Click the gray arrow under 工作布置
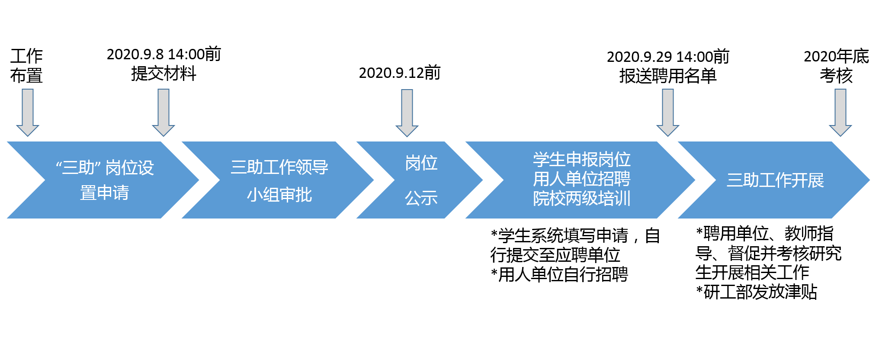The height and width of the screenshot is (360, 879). click(28, 112)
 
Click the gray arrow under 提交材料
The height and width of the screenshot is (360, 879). click(164, 112)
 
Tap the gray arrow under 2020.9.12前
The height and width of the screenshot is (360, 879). click(407, 113)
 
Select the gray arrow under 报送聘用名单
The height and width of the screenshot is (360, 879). click(668, 112)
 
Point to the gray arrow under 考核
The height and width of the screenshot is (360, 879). click(841, 112)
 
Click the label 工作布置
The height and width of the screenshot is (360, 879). click(26, 66)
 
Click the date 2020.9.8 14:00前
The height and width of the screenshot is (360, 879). click(164, 54)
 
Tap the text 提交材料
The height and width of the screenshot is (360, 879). click(164, 74)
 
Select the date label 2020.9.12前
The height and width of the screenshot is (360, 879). click(400, 73)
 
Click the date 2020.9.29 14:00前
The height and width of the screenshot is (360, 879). click(668, 57)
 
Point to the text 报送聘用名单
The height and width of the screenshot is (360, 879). click(668, 76)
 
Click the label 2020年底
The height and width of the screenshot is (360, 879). click(836, 56)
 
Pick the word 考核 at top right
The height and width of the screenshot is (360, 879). click(836, 76)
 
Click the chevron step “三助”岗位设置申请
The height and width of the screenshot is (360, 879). click(104, 180)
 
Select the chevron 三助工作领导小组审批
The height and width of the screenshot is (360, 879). click(279, 180)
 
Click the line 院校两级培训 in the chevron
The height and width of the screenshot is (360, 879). click(581, 199)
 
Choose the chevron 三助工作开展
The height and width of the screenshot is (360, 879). click(774, 180)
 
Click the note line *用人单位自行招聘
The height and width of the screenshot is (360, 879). click(559, 274)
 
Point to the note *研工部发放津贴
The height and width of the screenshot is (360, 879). click(757, 292)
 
